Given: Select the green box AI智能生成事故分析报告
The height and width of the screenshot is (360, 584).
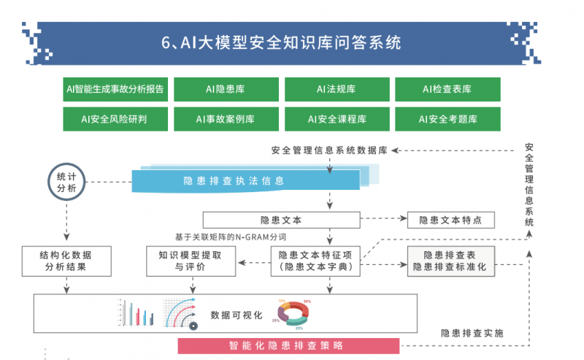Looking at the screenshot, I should (x=116, y=90).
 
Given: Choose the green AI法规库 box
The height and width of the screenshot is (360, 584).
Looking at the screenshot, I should (x=336, y=90).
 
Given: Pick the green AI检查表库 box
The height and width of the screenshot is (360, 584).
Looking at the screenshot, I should (x=447, y=90).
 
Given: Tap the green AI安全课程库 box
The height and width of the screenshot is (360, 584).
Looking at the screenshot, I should (x=337, y=118).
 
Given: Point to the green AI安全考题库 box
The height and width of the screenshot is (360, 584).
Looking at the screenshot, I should (x=447, y=118).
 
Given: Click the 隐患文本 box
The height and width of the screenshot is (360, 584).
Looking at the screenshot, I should (x=281, y=219).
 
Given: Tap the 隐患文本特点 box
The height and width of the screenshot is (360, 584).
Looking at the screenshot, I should (x=450, y=219).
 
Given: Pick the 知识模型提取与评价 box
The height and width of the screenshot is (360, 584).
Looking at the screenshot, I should (x=191, y=261).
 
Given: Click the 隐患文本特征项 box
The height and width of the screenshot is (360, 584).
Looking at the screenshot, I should (x=315, y=261).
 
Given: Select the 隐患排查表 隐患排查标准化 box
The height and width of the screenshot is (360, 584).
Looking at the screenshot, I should (x=450, y=261).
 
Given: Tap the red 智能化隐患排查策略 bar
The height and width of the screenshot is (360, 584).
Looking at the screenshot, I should (x=289, y=345).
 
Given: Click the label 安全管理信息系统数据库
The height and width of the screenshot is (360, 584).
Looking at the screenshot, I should (x=328, y=150).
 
